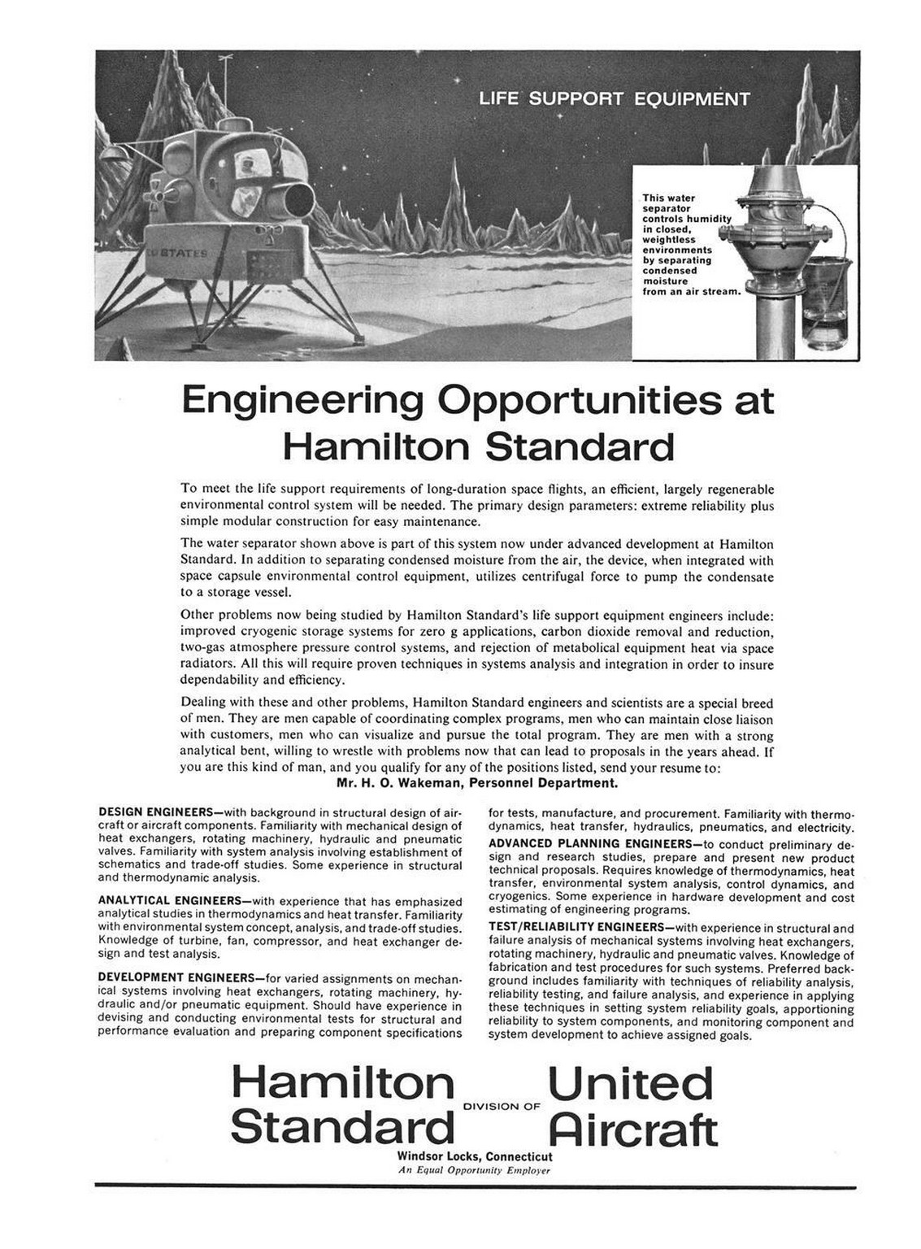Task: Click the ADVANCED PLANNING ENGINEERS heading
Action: pos(589,843)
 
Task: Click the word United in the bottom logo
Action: pos(631,1085)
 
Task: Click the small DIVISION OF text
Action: pos(502,1106)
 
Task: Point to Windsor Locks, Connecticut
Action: pos(475,1156)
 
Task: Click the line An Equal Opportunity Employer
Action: pos(475,1171)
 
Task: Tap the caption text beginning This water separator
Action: pos(687,244)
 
